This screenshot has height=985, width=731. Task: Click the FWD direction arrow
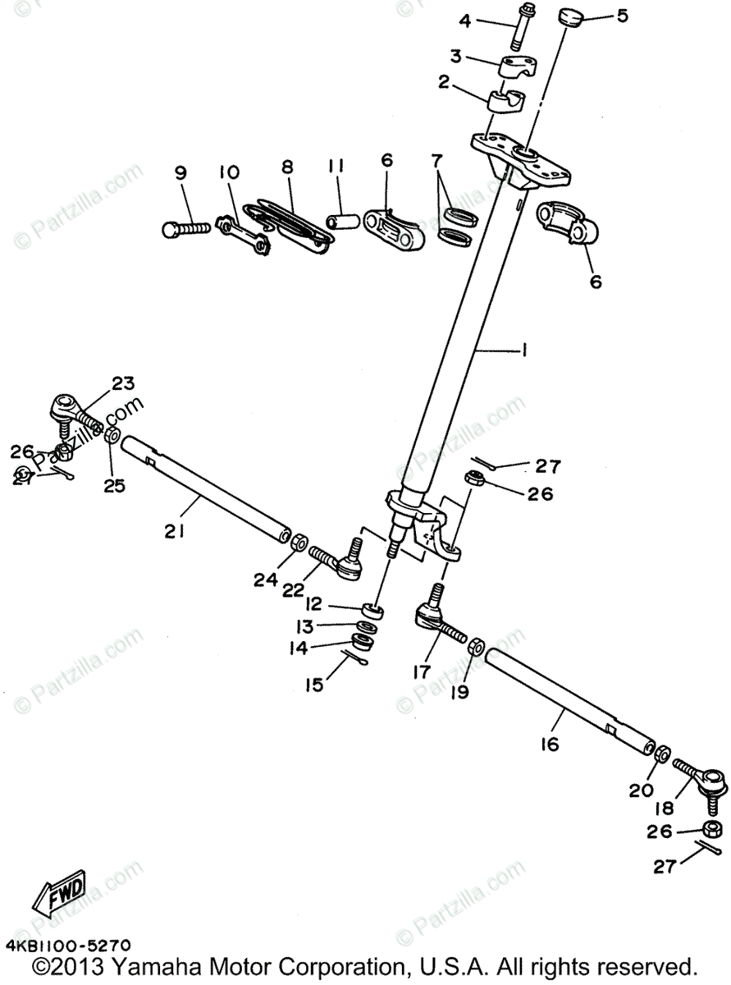point(62,891)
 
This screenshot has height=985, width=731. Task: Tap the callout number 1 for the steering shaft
point(523,350)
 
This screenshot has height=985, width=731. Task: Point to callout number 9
point(180,173)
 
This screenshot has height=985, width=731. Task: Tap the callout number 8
point(286,167)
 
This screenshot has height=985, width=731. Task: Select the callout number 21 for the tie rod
point(173,531)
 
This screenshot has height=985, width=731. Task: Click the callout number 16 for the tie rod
point(550,744)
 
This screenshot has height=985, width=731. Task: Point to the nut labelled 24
point(299,541)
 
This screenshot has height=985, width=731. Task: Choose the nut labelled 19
point(474,646)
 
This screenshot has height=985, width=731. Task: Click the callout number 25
point(114,485)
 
